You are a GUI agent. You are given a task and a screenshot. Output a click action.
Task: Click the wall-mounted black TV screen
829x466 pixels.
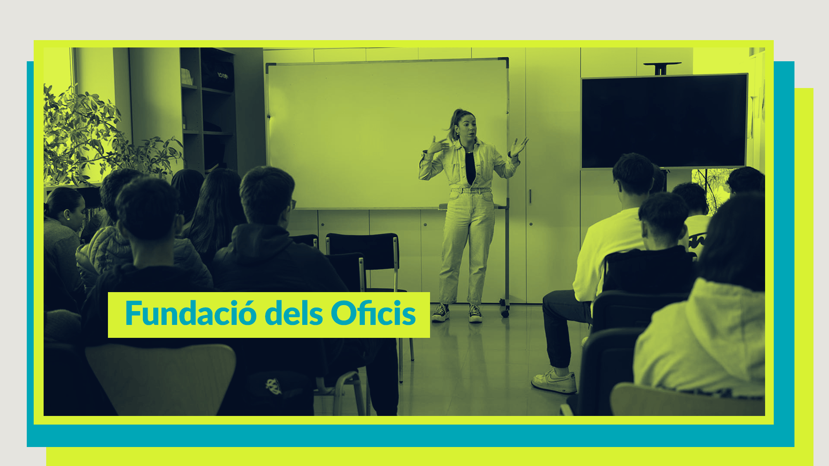[664, 121]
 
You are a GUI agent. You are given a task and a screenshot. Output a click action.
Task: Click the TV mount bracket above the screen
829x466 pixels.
[662, 68]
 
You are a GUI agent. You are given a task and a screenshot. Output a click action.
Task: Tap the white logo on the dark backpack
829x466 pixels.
[273, 386]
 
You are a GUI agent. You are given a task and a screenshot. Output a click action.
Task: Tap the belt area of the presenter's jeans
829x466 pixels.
[471, 190]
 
